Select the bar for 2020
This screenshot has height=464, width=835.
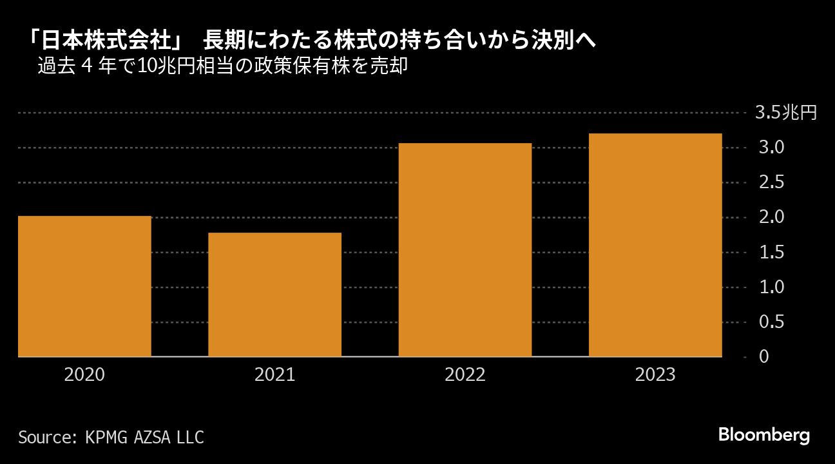pos(84,286)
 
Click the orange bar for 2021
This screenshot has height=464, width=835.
pos(274,295)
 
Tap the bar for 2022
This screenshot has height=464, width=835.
pos(465,249)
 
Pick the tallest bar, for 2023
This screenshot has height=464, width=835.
pos(655,245)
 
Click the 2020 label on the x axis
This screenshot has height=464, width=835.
pos(84,374)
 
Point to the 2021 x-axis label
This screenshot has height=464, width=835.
pos(274,374)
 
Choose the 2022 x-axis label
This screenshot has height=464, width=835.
pos(465,374)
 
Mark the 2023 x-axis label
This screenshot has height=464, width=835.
pos(655,374)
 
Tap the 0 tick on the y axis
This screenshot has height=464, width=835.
pos(764,356)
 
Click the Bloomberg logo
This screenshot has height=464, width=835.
pos(763,435)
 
